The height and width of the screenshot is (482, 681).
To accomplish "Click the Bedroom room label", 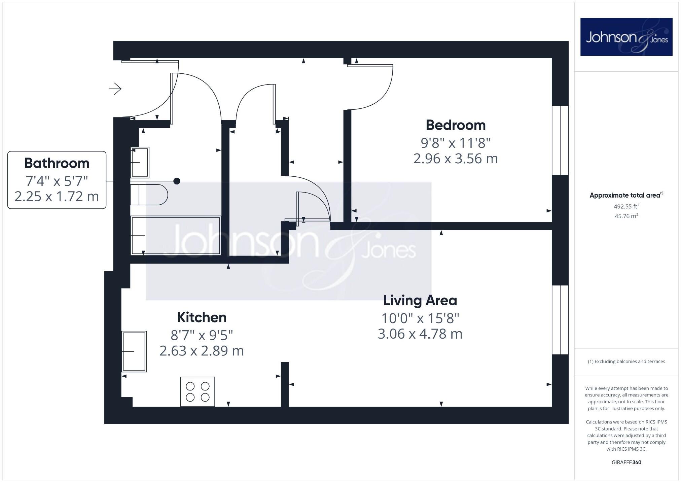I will click(x=456, y=125).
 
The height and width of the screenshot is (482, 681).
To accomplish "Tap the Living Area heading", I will click(x=420, y=300).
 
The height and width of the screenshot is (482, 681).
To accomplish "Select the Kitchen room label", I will click(x=202, y=317).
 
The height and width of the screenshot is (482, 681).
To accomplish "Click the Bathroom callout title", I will click(x=57, y=163).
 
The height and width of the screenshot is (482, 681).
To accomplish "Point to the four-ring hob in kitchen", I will click(x=198, y=391).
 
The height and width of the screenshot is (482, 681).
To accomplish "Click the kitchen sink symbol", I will click(x=134, y=351).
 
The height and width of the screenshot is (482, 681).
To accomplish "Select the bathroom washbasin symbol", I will click(x=140, y=162).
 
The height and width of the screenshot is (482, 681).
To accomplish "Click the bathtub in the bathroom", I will click(x=175, y=235).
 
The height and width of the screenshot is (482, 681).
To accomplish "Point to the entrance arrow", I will click(x=115, y=89).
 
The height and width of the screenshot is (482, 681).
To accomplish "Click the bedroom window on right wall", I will click(x=560, y=140).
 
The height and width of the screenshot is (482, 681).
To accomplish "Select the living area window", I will click(x=560, y=320).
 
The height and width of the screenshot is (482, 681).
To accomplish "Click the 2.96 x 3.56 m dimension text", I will click(x=455, y=159).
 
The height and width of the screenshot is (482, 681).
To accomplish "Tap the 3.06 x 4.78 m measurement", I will click(x=420, y=334).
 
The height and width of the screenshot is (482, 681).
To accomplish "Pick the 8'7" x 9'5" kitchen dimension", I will click(x=202, y=335).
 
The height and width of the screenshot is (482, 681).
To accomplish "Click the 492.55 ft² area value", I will click(x=626, y=206).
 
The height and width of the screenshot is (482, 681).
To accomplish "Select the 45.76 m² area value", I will click(x=626, y=216).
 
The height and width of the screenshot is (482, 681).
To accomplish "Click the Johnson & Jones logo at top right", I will click(x=626, y=37).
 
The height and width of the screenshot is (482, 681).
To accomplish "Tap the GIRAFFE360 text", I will click(x=626, y=462).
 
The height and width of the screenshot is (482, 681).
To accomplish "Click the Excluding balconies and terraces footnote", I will click(x=626, y=361).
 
